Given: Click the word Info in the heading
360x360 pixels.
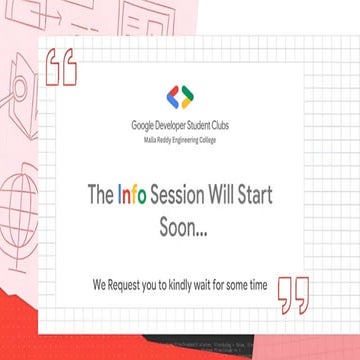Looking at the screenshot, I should coord(133,196).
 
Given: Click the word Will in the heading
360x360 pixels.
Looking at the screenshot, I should coord(236,196).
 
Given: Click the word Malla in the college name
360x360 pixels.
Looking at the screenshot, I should coord(149,141).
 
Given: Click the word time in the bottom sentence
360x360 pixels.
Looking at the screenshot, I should coord(258,285).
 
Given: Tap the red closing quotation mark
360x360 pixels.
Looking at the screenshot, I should coord(293,291).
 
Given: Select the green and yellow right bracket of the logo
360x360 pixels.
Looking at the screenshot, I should coord(188,98).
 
